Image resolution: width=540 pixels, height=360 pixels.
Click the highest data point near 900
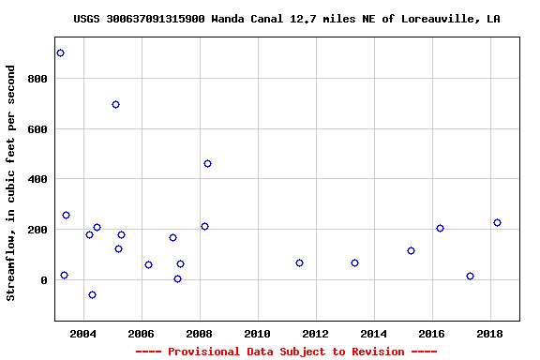click(61, 53)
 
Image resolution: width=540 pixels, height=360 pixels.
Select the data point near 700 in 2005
click(115, 105)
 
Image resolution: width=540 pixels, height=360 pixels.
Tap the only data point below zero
click(92, 295)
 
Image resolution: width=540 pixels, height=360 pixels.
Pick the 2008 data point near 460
click(207, 164)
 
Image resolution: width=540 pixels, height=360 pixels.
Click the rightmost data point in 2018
click(497, 223)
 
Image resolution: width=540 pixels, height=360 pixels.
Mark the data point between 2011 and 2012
click(299, 263)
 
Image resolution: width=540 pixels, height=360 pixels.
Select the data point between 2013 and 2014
click(354, 263)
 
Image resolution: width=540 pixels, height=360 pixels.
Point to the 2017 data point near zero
click(470, 277)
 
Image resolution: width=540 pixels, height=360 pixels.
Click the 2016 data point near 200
click(440, 229)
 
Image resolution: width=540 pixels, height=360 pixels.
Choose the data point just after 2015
click(411, 251)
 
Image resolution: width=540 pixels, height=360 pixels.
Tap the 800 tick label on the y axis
click(37, 79)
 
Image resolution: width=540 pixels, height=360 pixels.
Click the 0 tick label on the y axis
click(43, 280)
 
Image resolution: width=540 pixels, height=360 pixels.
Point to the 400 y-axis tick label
click(37, 179)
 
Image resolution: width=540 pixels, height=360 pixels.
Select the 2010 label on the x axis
click(257, 334)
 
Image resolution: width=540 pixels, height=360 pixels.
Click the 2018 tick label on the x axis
click(489, 334)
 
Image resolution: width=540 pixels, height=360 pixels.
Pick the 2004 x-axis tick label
click(83, 334)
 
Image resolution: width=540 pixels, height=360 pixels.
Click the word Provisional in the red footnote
click(198, 352)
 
